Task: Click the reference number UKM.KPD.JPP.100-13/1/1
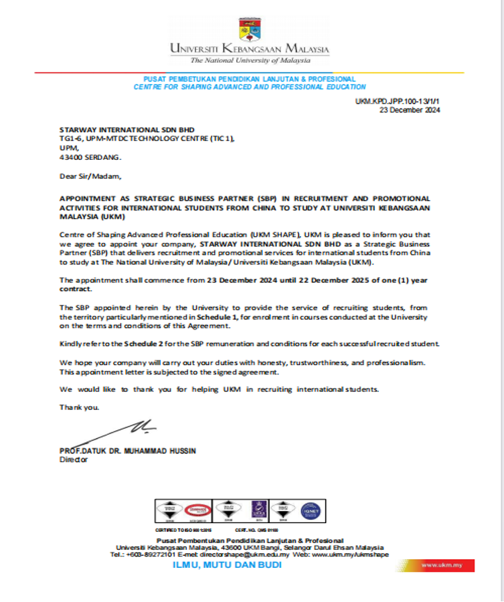398,101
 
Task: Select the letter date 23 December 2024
410,110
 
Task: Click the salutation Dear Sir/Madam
91,177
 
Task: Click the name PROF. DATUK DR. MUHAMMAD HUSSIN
128,451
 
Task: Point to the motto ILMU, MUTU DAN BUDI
228,565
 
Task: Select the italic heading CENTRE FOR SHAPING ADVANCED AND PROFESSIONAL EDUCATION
250,87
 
